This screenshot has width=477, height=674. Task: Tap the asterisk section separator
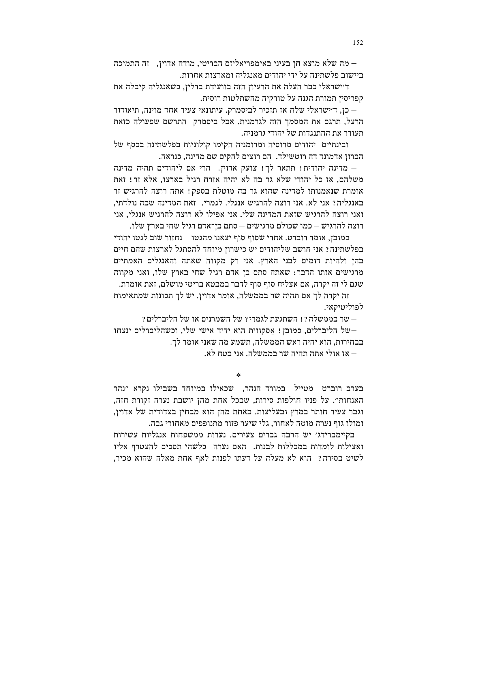pyautogui.click(x=238, y=375)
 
